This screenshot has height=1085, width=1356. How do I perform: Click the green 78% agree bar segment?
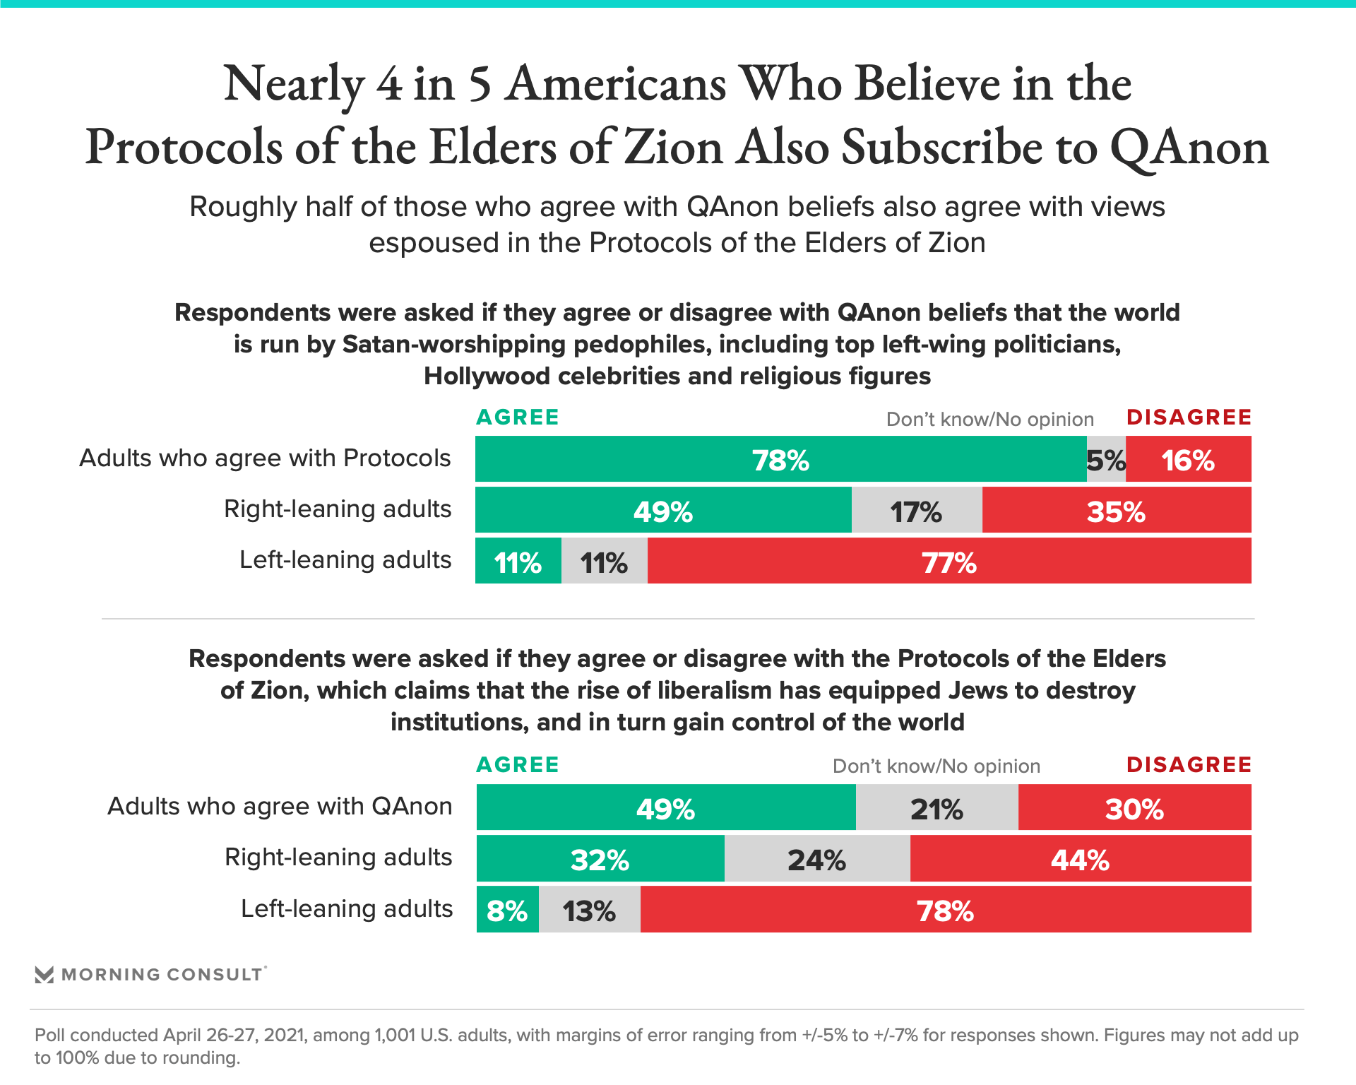coord(780,459)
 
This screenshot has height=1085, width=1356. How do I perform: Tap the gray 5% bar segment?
coord(1106,459)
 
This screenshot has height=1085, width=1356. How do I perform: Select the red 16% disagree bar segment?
coord(1188,459)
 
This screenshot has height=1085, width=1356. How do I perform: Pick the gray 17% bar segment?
coord(916,510)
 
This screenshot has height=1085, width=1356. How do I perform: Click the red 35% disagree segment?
coord(1116,510)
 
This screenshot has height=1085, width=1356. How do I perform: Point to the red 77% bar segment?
coord(948,561)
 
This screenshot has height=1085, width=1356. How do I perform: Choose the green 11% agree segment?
coord(518,561)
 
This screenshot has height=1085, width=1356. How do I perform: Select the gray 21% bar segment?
coord(936,807)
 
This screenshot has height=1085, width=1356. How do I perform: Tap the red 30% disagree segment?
coord(1134,807)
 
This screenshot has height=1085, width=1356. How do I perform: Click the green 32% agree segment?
coord(600,859)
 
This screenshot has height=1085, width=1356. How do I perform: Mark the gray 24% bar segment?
coord(816,859)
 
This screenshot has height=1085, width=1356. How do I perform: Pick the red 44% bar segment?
coord(1080,859)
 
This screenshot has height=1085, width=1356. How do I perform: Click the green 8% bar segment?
coord(507,910)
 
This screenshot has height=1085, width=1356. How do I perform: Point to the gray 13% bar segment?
coord(589,910)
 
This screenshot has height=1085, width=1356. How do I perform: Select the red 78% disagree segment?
coord(945,910)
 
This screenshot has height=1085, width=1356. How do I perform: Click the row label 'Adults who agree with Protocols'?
coord(265,458)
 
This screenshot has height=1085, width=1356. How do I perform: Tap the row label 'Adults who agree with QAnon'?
coord(280,806)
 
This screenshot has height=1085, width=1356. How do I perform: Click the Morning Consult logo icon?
coord(44,975)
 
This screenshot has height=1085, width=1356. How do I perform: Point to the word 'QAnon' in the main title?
coord(1189,148)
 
